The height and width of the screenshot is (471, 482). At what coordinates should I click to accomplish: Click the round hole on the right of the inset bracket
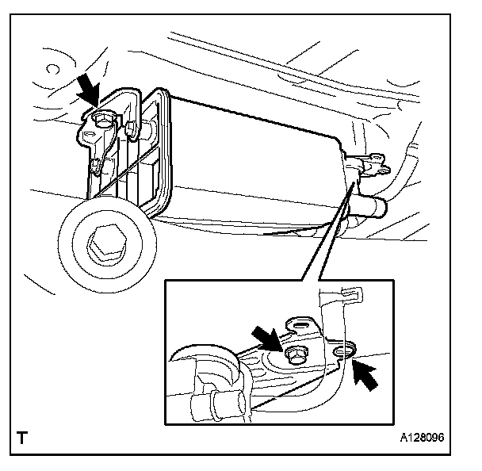click(x=343, y=350)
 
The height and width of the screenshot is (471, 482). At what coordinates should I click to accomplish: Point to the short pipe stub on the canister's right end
click(x=371, y=208)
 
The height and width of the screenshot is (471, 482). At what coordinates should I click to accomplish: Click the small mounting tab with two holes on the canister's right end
click(x=372, y=166)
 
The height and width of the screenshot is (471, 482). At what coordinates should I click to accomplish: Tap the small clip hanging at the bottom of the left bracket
click(x=98, y=166)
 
